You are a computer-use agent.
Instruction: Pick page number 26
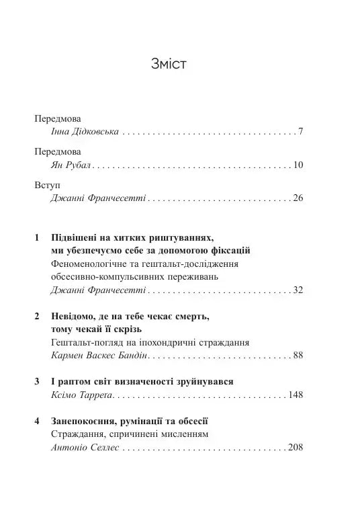tap(299, 199)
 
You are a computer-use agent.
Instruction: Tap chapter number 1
tap(36, 238)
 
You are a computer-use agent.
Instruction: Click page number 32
tap(299, 290)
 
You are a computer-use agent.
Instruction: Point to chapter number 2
tap(36, 316)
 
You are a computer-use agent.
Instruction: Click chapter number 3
tap(36, 381)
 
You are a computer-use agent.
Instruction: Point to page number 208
tap(296, 447)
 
